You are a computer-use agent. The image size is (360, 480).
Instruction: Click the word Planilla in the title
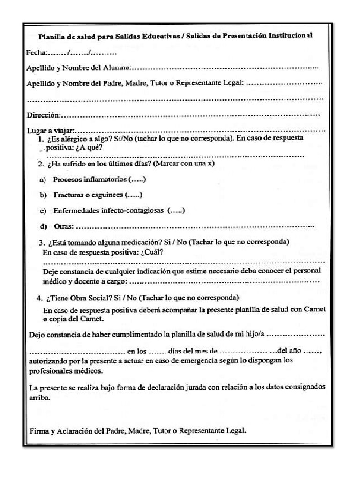click(x=51, y=36)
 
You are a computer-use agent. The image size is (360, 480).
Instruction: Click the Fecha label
click(x=37, y=52)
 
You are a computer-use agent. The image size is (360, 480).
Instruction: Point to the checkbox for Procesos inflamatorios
click(x=136, y=180)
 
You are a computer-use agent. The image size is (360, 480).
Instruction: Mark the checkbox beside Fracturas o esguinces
click(x=134, y=195)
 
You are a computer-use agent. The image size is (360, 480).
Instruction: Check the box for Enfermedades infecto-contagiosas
click(x=176, y=210)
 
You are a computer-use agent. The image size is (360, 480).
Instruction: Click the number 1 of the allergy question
click(x=41, y=139)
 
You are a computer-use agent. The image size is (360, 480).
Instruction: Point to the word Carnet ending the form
click(x=93, y=318)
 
